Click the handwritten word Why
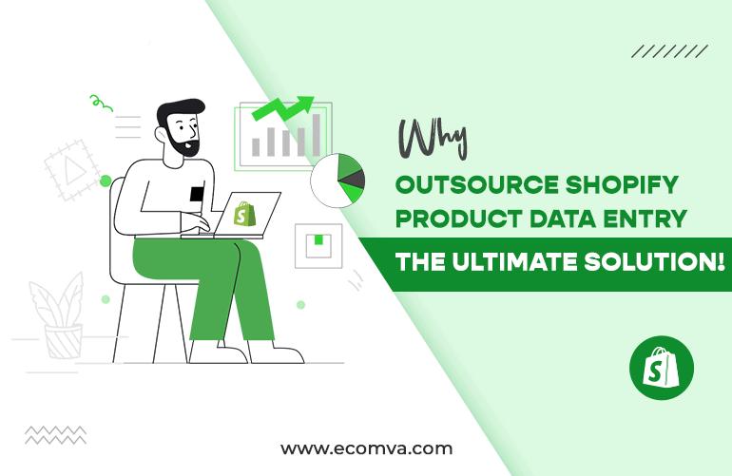(433, 139)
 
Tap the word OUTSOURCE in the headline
(476, 185)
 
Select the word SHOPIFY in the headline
(622, 185)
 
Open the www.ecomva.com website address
(366, 448)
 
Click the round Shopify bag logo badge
(661, 368)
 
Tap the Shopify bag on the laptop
(244, 214)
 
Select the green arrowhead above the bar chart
(305, 103)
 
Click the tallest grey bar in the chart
(316, 135)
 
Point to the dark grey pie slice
(354, 180)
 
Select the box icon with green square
(318, 245)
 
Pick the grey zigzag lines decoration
(55, 434)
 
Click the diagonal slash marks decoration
(670, 51)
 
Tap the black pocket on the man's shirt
(197, 194)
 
